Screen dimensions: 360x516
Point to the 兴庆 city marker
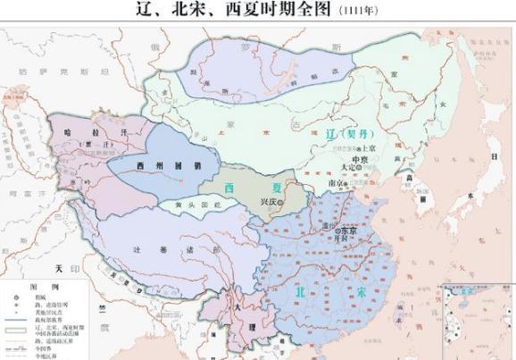[279, 203]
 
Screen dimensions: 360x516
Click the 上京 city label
[367, 147]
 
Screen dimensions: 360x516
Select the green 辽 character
[335, 131]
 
